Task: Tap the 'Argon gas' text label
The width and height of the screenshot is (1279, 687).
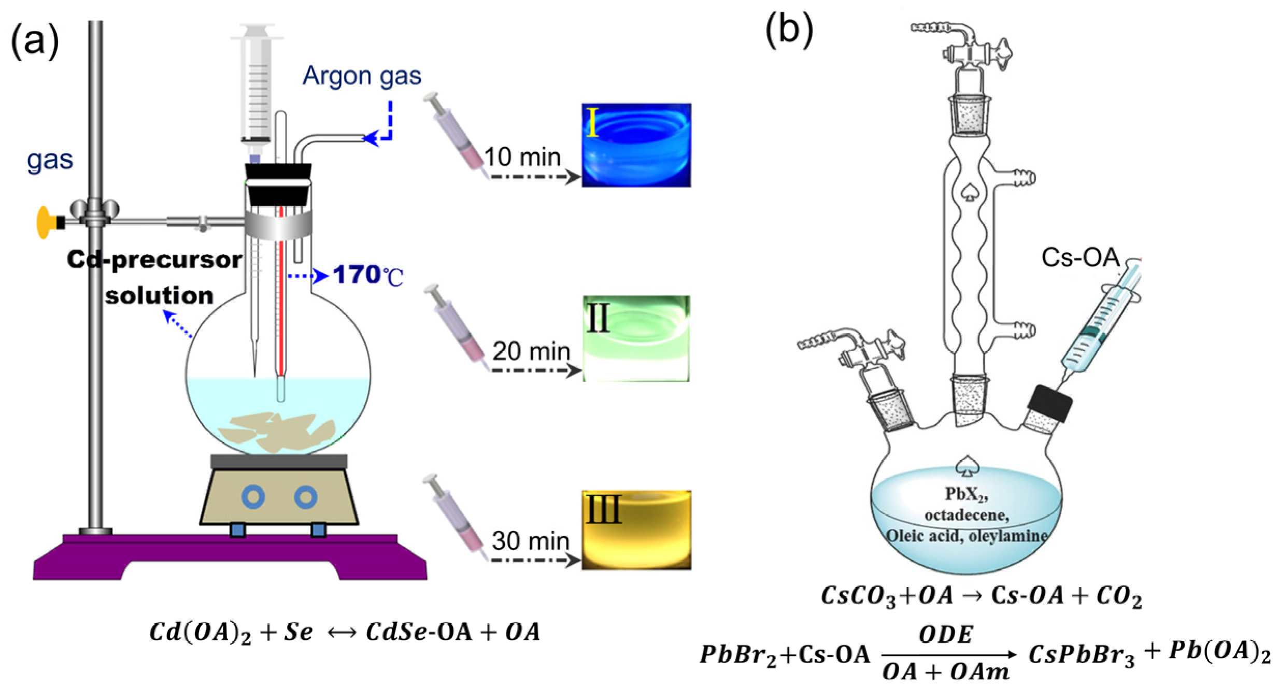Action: tap(361, 76)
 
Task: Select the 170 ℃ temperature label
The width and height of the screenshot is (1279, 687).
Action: tap(367, 275)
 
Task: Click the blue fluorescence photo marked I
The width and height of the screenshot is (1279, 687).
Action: tap(636, 145)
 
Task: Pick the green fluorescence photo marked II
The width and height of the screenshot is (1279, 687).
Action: tap(636, 338)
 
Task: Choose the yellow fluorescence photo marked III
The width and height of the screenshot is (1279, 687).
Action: tap(636, 530)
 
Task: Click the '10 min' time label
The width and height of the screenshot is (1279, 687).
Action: tap(522, 157)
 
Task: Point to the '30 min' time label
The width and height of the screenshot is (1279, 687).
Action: tap(530, 541)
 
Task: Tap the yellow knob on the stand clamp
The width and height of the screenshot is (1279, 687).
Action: tap(44, 223)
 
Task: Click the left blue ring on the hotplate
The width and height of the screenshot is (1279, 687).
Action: tap(253, 497)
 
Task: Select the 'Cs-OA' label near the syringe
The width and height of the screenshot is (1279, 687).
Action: tap(1080, 257)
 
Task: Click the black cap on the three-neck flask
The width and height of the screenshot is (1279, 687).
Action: tap(1050, 404)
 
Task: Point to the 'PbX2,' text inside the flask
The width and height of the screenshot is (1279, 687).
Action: tap(966, 494)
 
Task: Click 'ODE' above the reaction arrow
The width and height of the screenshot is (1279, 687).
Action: tap(946, 635)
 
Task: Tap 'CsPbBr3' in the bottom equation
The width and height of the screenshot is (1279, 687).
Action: tap(1081, 655)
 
